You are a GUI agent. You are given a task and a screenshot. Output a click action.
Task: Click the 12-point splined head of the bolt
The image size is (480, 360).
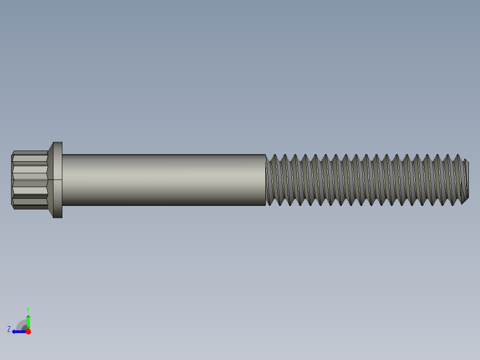click(30, 180)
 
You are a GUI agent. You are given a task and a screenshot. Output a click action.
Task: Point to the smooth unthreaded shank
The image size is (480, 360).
click(163, 180)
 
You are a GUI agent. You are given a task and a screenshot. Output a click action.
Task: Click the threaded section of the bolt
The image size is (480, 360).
click(365, 180)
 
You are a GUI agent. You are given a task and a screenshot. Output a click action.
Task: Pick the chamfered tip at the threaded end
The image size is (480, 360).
click(466, 180)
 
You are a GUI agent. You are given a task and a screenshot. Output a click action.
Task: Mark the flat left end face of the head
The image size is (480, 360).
click(12, 180)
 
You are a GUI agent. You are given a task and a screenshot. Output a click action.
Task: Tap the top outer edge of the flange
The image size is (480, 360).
click(58, 142)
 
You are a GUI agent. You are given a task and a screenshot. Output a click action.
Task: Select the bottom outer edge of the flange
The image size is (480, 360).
click(58, 218)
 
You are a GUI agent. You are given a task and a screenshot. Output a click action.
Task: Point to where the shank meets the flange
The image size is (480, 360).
click(62, 180)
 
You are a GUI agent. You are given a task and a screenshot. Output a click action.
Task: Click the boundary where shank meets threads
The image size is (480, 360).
click(266, 180)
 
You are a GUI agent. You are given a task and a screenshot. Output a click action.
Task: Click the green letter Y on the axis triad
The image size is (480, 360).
click(28, 309)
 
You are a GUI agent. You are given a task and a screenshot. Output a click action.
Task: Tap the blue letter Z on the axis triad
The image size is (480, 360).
click(9, 329)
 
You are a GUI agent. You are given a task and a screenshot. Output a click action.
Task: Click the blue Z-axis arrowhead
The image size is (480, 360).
click(14, 331)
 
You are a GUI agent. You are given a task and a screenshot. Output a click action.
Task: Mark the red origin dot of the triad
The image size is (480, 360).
click(28, 331)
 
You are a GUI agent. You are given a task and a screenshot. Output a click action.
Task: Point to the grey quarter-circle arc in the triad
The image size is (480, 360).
click(20, 323)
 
